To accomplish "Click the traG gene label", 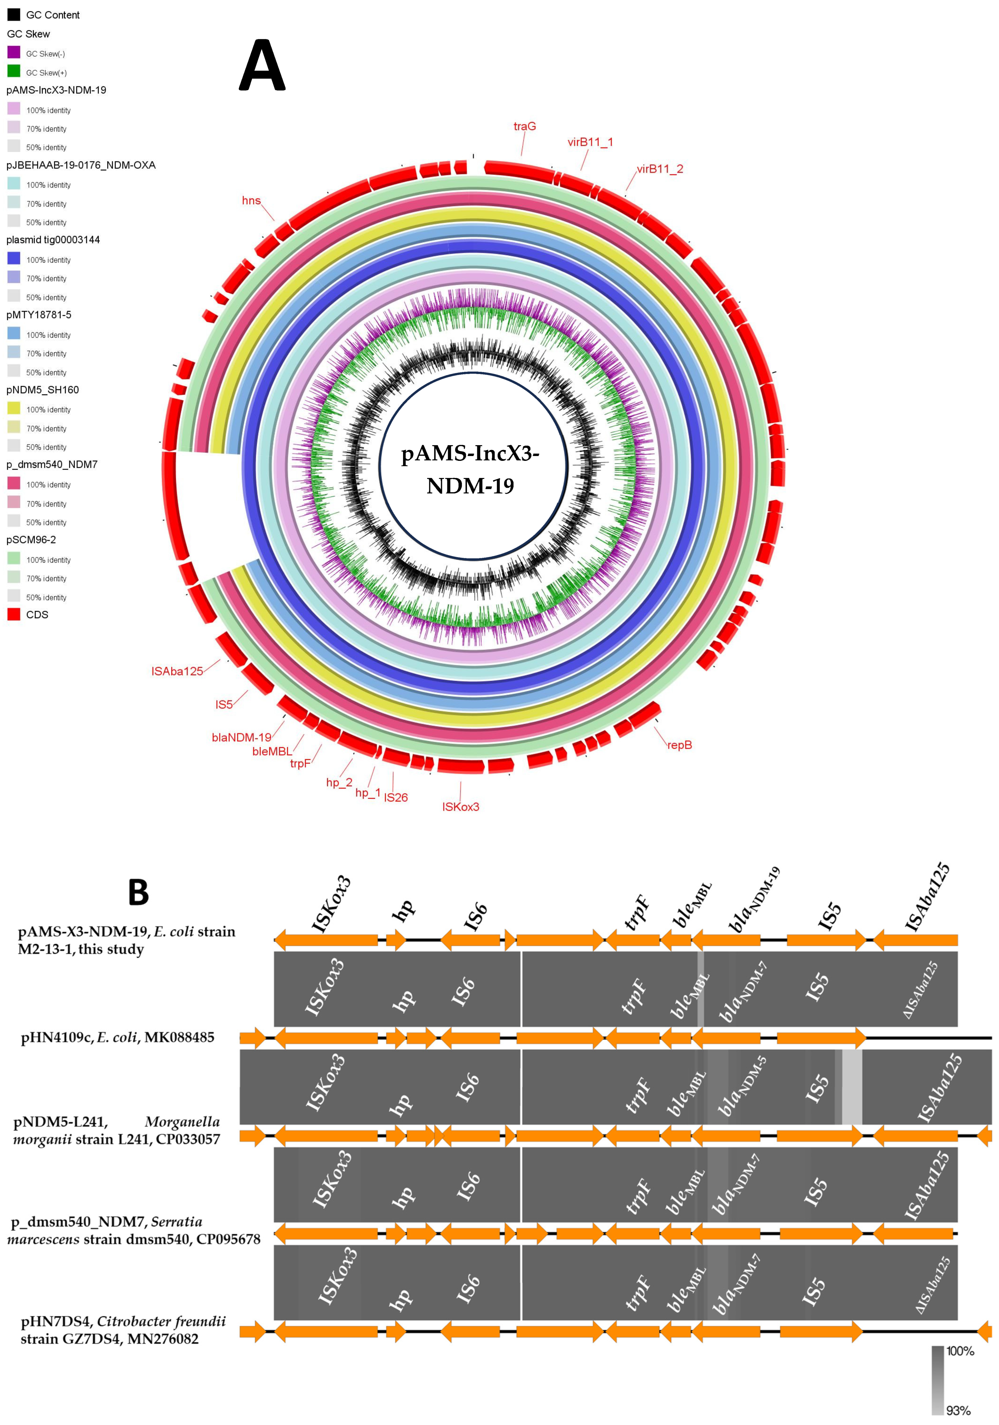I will [x=524, y=127].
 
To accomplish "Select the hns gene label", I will [x=251, y=201].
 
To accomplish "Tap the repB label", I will [x=679, y=745].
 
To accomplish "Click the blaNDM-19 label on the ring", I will [x=241, y=737].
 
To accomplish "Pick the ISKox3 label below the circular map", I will [x=460, y=807].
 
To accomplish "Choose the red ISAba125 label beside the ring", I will [x=177, y=672].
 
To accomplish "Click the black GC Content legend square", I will [x=14, y=14].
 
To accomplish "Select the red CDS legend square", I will [x=14, y=614].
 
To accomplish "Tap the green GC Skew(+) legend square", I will [x=14, y=71].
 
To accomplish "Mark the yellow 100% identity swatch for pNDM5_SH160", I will [x=14, y=408].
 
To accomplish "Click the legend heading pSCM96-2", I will [x=31, y=539].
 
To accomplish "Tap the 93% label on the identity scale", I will [x=959, y=1411].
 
